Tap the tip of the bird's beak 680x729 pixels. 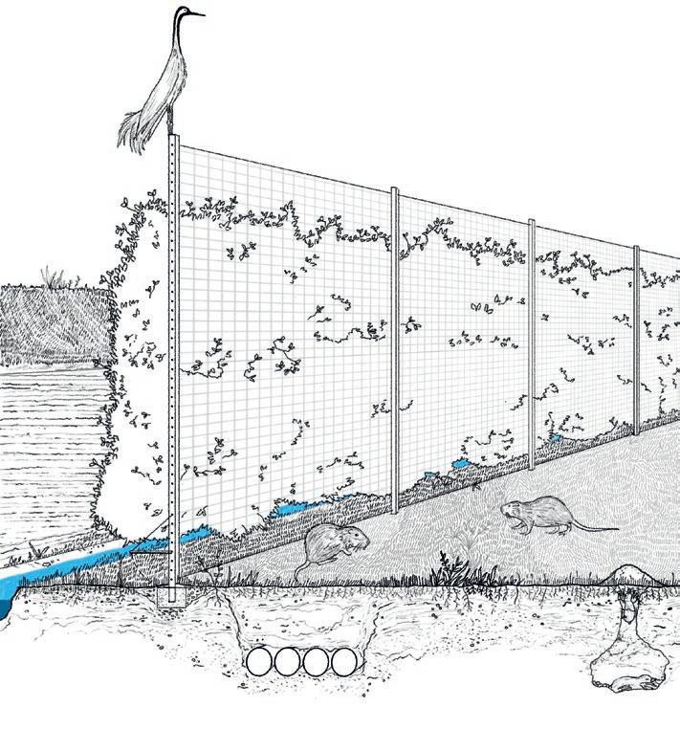204,14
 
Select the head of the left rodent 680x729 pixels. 353,541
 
